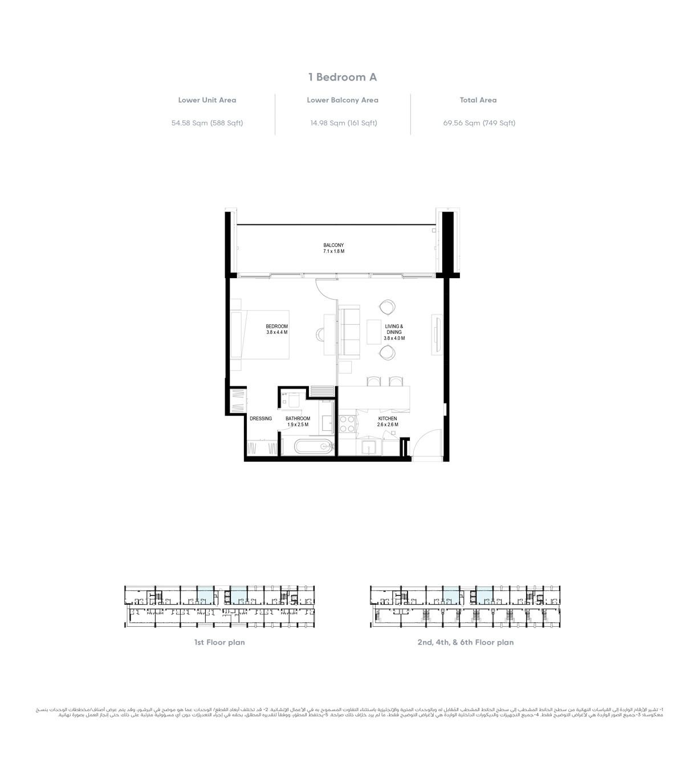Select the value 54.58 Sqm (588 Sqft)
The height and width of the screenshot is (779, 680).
tap(207, 123)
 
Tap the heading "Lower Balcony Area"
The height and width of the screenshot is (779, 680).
tap(343, 100)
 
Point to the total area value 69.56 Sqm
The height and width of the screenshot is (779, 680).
tap(479, 123)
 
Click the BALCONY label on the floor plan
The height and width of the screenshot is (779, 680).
tap(333, 248)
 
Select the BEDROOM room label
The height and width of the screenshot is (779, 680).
tap(276, 329)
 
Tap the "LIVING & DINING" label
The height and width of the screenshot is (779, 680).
tap(394, 332)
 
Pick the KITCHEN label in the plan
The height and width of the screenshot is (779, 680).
tap(388, 421)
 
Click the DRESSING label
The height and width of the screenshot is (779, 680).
tap(260, 418)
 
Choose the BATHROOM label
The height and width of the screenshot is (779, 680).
tap(298, 421)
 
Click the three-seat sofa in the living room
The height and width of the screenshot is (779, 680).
tap(349, 332)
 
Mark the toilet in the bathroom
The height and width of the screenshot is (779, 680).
tap(293, 400)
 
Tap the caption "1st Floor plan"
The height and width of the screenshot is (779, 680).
tap(219, 642)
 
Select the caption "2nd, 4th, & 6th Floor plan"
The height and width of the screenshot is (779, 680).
tap(465, 642)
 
